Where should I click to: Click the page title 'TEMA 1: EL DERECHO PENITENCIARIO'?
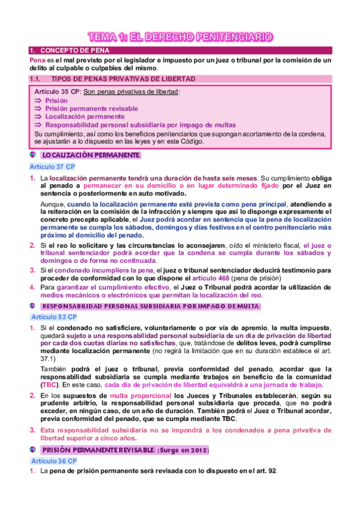click(x=180, y=37)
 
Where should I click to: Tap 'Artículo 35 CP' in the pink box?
click(x=57, y=91)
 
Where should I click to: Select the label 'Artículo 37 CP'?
click(x=52, y=166)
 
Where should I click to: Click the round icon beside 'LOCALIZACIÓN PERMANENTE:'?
click(x=32, y=155)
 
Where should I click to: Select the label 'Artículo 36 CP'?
click(x=52, y=461)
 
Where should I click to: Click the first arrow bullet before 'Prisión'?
click(x=38, y=100)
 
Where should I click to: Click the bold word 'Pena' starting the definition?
click(x=37, y=60)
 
